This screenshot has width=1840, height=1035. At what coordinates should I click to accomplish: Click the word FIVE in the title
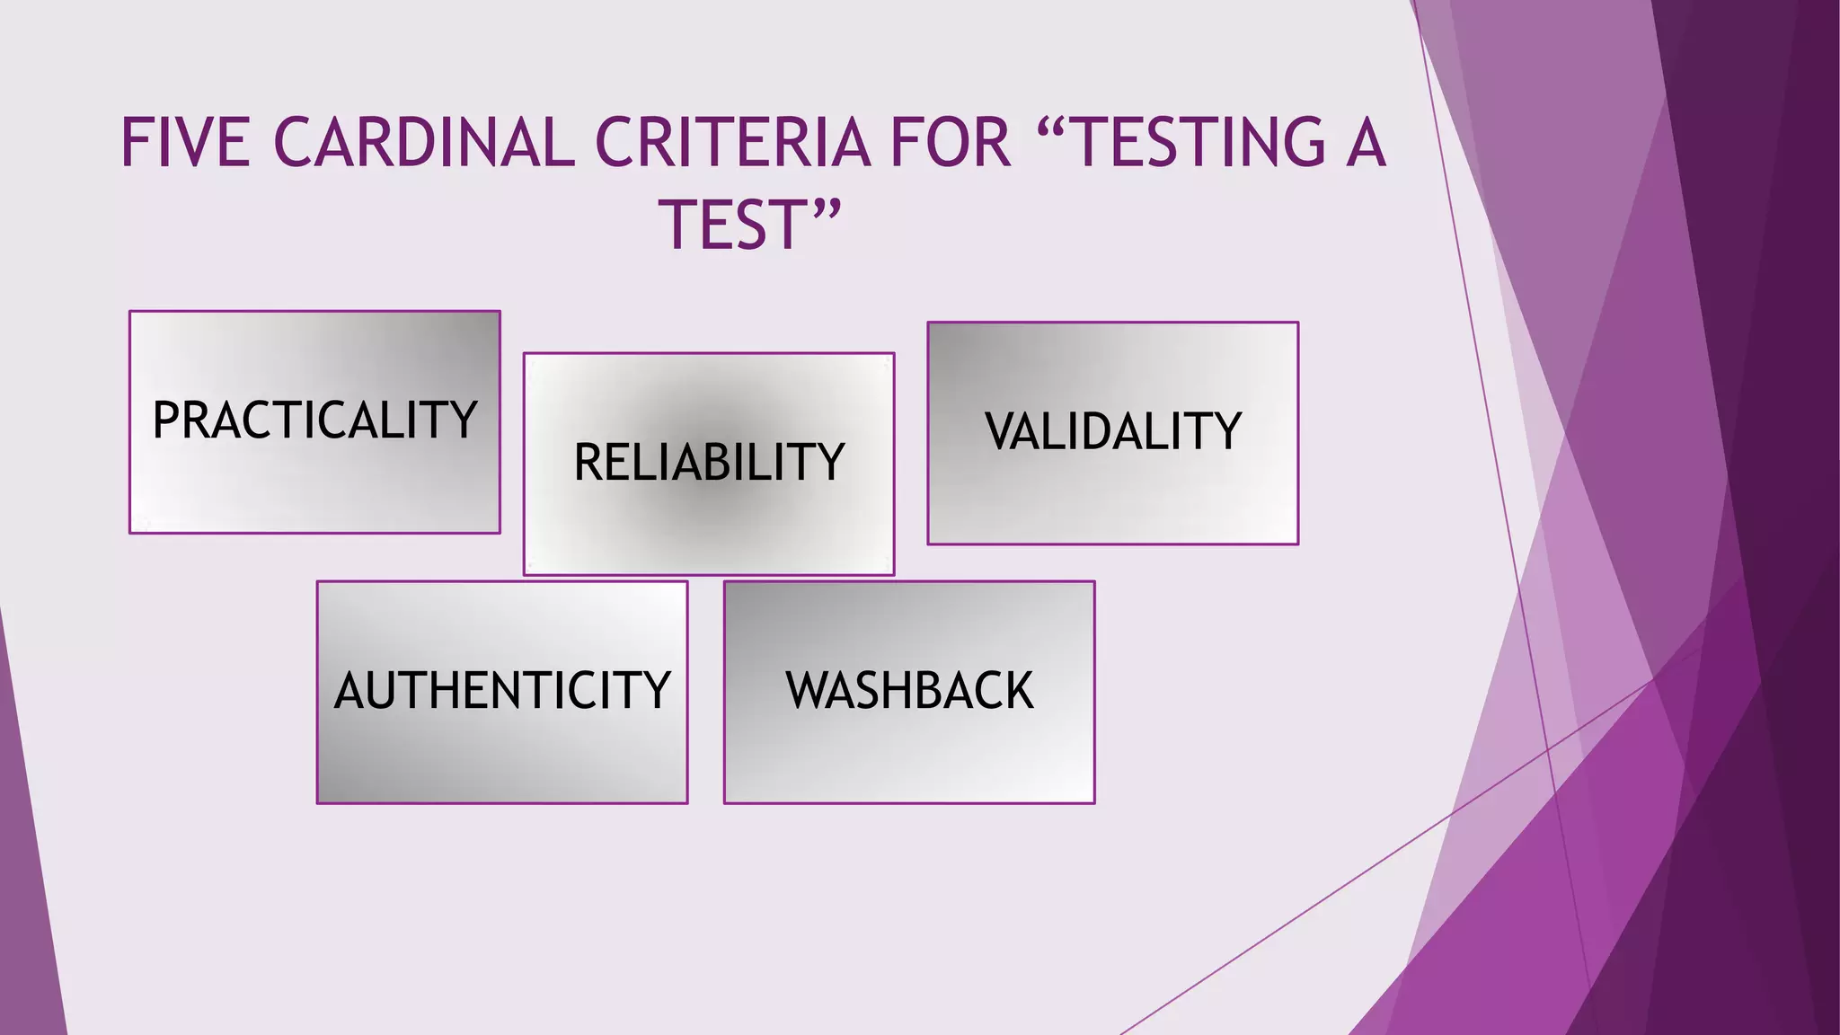click(185, 143)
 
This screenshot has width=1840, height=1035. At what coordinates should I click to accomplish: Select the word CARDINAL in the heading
click(423, 143)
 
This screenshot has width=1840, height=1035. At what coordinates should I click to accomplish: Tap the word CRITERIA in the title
click(732, 143)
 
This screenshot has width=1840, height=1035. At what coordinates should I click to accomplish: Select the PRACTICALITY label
click(314, 420)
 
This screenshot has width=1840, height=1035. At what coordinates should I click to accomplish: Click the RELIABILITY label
click(709, 463)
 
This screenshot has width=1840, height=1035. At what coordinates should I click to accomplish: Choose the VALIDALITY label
click(1113, 431)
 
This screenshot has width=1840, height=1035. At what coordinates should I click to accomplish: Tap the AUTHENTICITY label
click(502, 690)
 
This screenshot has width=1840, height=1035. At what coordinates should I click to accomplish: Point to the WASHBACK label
click(909, 690)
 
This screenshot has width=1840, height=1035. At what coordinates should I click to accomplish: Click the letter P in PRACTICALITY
click(167, 420)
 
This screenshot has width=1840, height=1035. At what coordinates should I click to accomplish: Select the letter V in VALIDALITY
click(1001, 431)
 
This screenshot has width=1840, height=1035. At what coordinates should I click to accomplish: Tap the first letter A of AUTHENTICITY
click(349, 690)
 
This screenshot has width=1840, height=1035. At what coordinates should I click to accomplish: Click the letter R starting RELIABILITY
click(589, 463)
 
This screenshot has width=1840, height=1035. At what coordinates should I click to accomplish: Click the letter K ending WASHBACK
click(1019, 690)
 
